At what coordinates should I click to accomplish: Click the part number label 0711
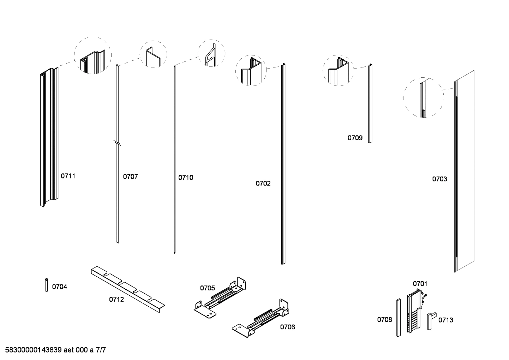[x=68, y=176]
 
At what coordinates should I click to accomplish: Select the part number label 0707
[x=130, y=177]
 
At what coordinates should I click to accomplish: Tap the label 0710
[x=186, y=177]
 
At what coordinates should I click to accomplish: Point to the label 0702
[x=263, y=183]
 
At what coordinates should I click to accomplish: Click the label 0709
[x=355, y=138]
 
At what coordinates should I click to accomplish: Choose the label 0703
[x=439, y=179]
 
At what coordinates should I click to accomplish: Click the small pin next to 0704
[x=47, y=285]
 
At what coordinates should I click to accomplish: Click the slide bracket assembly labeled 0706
[x=261, y=318]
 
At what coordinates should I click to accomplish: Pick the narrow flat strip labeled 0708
[x=398, y=318]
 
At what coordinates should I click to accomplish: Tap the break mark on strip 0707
[x=117, y=143]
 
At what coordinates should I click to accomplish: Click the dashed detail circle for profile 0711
[x=92, y=55]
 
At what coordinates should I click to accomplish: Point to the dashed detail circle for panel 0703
[x=424, y=98]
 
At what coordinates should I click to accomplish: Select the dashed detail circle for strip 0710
[x=211, y=53]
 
